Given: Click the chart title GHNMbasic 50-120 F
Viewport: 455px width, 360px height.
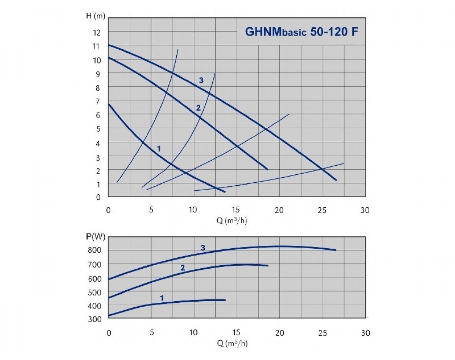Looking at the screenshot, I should coord(301,32).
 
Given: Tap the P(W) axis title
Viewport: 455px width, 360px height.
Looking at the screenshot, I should coord(95,237).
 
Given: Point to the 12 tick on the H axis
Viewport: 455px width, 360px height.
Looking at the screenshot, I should coord(97,33).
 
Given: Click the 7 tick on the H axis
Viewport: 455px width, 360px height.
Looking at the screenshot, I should coord(97,101).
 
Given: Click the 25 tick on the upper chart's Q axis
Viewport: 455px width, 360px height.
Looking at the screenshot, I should coord(322,210).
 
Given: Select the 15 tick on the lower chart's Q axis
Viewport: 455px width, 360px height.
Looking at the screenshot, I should coord(236,333).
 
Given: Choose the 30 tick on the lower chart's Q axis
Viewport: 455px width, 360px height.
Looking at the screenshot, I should coord(365,333).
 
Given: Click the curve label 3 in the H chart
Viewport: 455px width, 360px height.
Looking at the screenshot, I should coord(201,80).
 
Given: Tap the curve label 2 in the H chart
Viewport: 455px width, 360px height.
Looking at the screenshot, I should coord(198,108).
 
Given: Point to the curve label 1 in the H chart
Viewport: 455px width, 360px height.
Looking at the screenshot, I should coord(159,149).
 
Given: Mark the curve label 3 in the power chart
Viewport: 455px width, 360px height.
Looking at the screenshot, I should coord(203,248).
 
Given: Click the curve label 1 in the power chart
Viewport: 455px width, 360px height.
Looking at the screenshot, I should coord(162,298).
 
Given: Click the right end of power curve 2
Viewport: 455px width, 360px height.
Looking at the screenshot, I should coord(268,266).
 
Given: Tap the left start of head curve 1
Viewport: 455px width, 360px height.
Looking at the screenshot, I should coord(109,104).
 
